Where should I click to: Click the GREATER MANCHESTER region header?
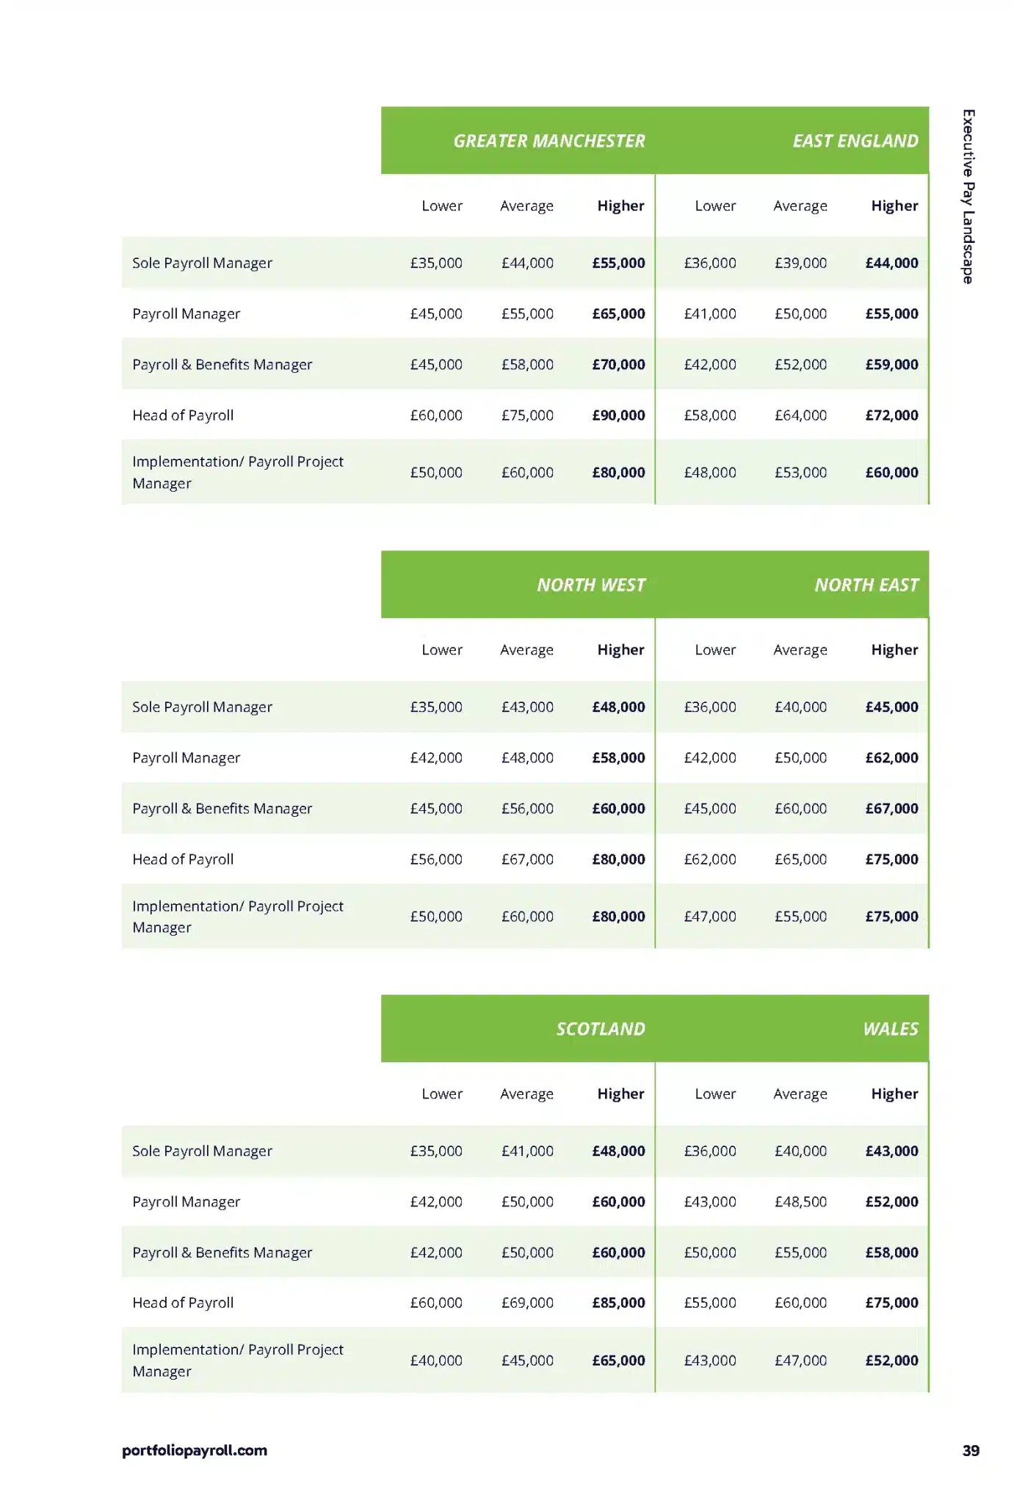tap(548, 141)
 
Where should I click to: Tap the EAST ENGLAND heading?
tap(855, 141)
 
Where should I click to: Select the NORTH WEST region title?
tap(591, 585)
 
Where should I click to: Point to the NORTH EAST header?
tap(866, 585)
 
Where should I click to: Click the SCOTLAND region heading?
tap(600, 1029)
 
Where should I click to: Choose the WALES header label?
tap(890, 1029)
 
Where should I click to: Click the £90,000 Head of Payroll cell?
tap(618, 415)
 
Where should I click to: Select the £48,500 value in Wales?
tap(800, 1202)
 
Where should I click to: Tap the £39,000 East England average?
tap(800, 263)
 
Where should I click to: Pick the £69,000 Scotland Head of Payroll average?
tap(527, 1303)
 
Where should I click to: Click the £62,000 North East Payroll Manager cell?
tap(891, 757)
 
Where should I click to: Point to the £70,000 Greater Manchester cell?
tap(618, 365)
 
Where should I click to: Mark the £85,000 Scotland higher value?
tap(618, 1303)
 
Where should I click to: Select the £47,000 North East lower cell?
tap(709, 917)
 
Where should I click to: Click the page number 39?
tap(971, 1451)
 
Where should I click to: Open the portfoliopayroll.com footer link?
tap(195, 1451)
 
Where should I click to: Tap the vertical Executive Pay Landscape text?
tap(968, 197)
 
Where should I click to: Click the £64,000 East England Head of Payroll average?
tap(800, 415)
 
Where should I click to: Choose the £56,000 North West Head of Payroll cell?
tap(436, 859)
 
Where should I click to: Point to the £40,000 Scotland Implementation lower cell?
tap(436, 1361)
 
